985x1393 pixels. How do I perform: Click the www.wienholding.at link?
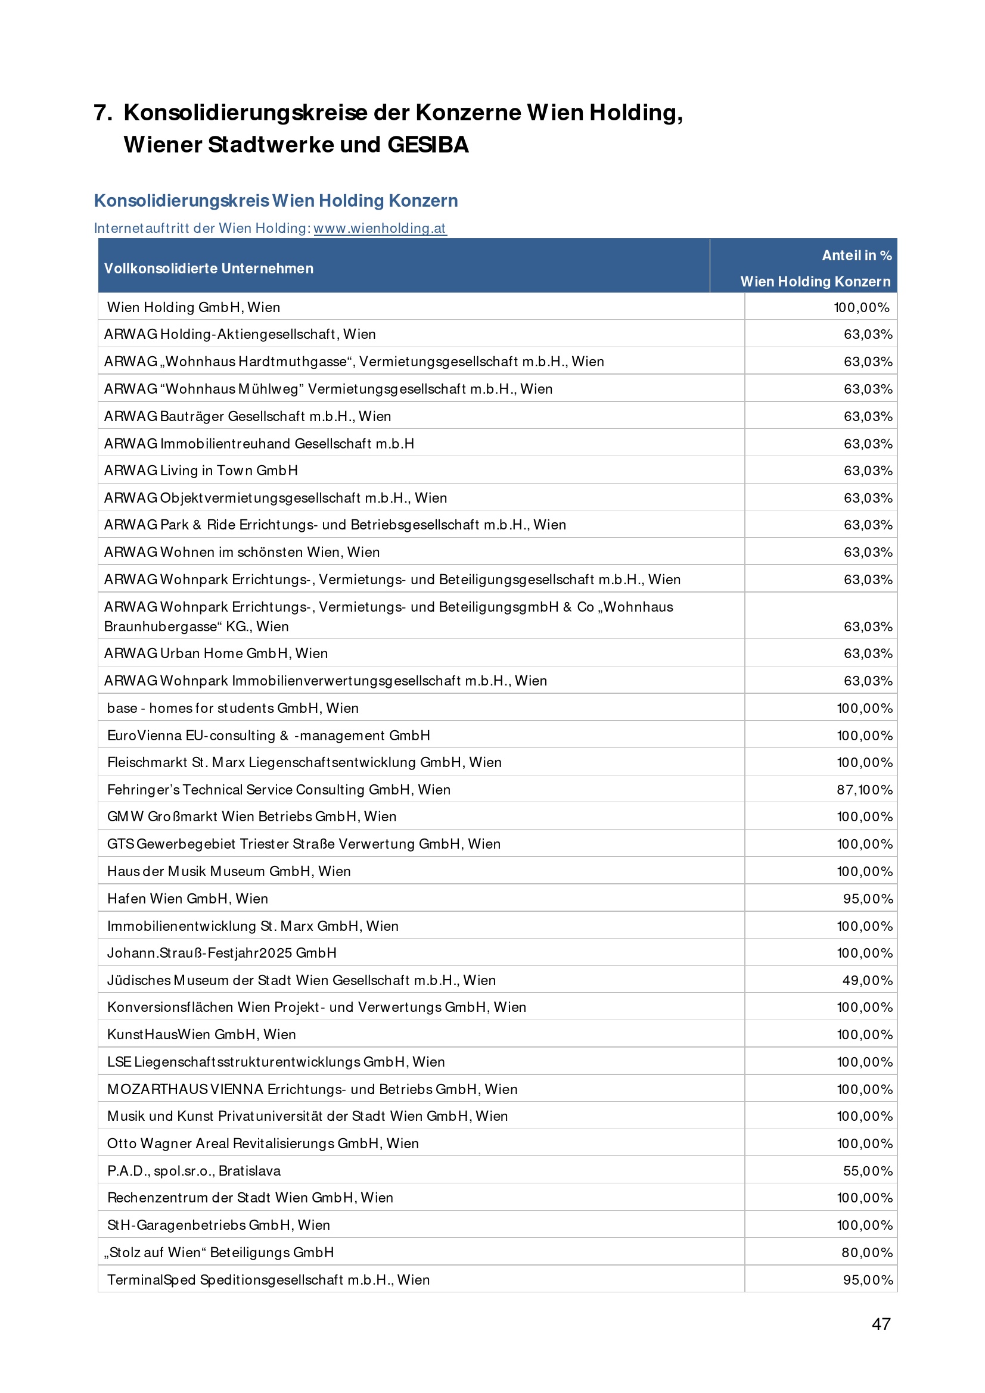380,228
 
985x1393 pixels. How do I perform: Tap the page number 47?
881,1324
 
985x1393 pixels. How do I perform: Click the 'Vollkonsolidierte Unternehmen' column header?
209,268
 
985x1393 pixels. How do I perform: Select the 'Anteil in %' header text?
856,255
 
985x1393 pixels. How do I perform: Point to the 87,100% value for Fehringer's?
864,789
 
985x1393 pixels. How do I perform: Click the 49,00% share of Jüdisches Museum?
867,980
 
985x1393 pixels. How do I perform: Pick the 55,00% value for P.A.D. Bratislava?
867,1170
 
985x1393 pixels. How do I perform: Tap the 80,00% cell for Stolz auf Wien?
866,1252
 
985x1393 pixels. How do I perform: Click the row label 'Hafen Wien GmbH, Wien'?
188,899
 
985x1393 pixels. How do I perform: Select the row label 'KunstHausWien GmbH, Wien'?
201,1034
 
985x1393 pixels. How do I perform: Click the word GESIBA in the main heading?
428,145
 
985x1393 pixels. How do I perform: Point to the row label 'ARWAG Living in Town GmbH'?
201,470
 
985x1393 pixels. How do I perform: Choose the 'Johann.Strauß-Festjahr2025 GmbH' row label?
222,952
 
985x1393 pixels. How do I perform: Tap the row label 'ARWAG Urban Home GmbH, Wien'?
216,653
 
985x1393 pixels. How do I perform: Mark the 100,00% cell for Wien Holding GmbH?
861,307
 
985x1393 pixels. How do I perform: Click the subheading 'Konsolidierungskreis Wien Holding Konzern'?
275,201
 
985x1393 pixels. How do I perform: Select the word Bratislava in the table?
250,1170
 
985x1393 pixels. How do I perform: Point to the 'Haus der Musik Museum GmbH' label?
229,871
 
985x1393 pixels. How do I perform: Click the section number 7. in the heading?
102,113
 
